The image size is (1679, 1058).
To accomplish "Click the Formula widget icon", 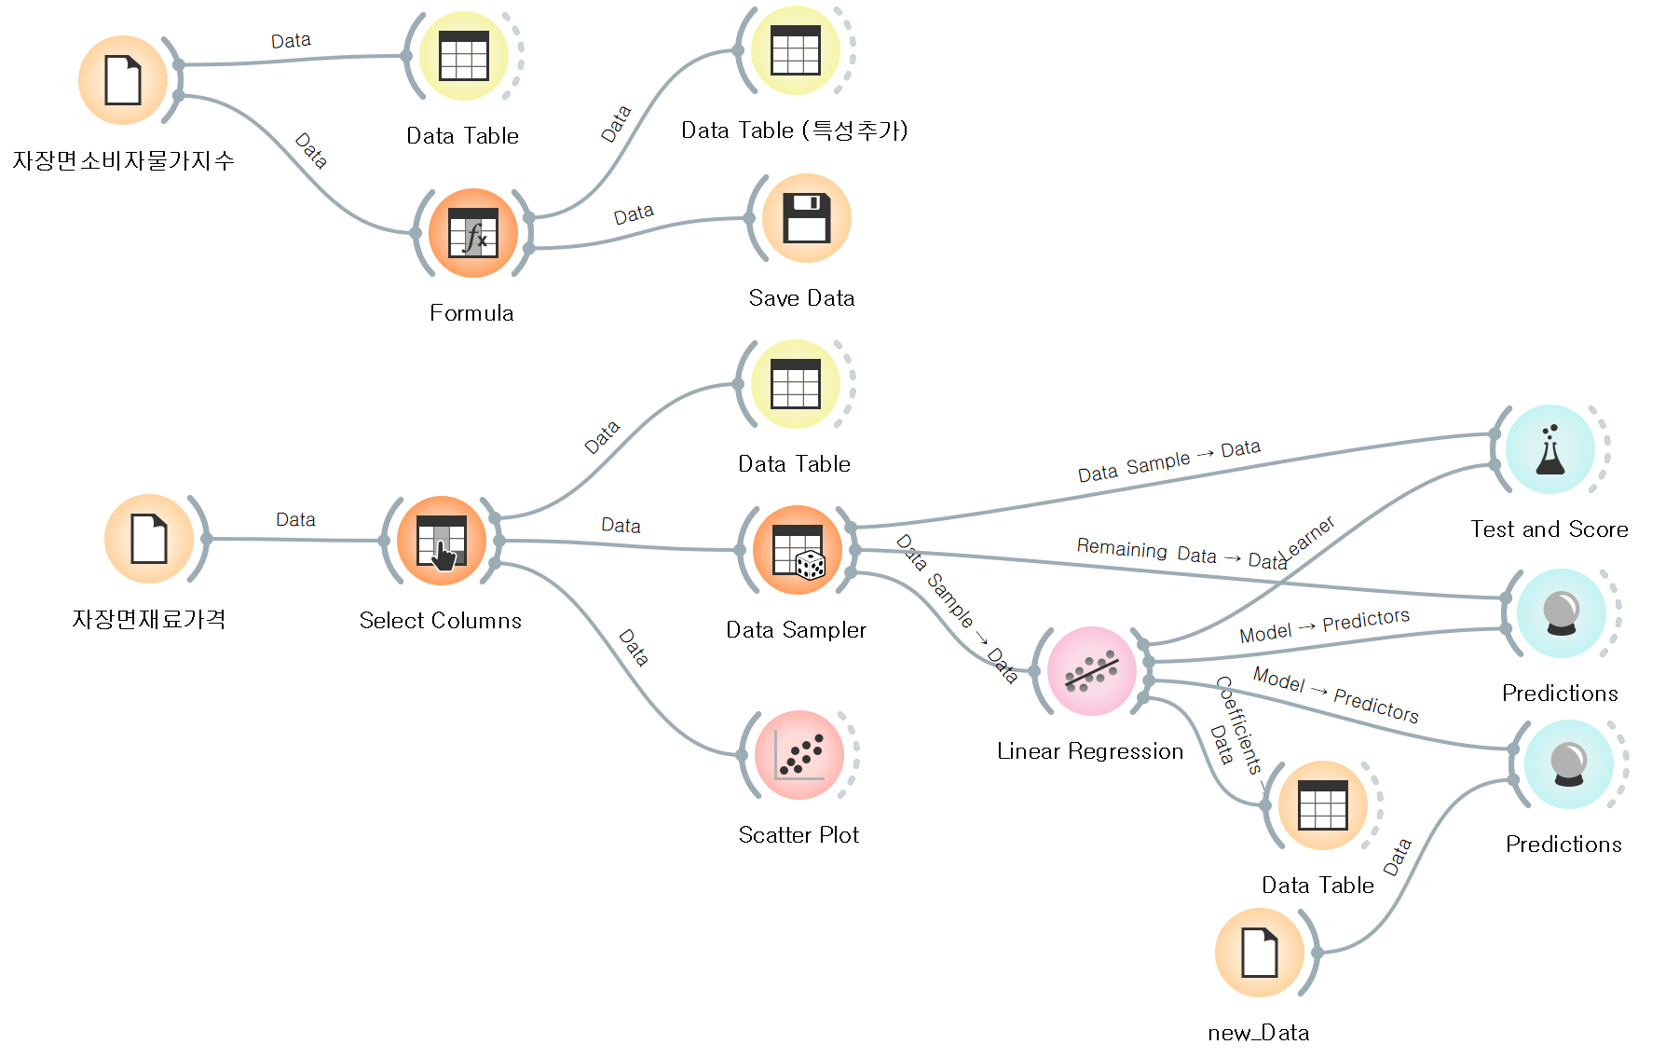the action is point(473,233).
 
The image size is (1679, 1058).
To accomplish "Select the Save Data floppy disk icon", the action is point(807,218).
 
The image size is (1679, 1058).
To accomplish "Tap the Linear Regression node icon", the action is point(1092,671).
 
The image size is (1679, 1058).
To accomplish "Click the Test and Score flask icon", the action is point(1550,449).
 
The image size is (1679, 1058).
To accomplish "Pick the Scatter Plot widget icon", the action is point(799,755).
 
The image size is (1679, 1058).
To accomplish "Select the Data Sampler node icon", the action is point(798,550).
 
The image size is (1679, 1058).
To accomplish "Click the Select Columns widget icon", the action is point(442,541).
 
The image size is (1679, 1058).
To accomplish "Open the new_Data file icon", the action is point(1260,953).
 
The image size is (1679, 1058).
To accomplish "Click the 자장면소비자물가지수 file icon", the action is point(123,80).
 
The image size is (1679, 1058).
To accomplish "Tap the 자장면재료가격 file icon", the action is point(149,539).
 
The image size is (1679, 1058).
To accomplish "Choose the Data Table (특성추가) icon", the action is point(796,50).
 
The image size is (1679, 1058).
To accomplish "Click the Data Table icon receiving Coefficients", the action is point(1323,805).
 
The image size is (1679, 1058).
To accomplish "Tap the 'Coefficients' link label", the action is point(1240,726).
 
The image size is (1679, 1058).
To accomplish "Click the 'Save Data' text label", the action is point(801,298).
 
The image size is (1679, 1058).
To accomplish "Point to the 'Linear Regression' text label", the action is point(1090,751).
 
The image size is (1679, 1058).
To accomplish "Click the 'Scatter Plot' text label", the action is point(799,835).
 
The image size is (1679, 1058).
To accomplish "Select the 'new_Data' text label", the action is point(1259,1033).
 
